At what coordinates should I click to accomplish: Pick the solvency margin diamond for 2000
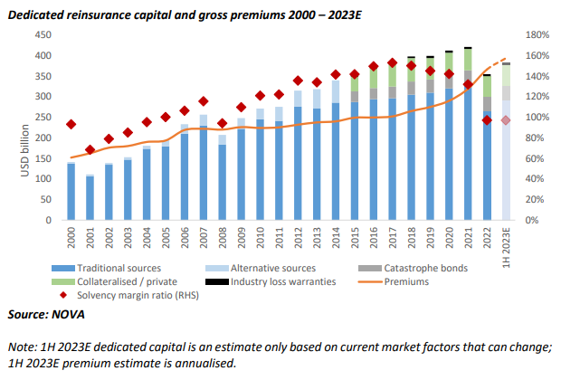71,124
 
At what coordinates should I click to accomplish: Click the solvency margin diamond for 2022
487,119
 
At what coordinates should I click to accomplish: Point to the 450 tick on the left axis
42,34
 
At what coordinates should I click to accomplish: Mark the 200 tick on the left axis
42,138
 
